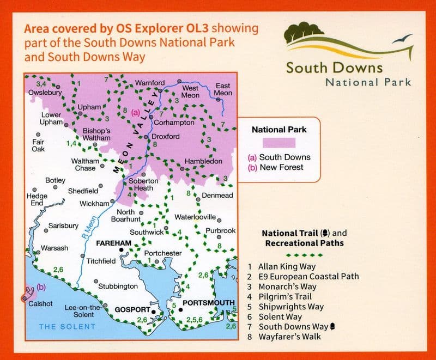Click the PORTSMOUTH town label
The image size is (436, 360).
pyautogui.click(x=209, y=303)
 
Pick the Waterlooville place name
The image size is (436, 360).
pyautogui.click(x=195, y=217)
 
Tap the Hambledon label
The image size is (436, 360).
pyautogui.click(x=204, y=162)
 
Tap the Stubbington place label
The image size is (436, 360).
pyautogui.click(x=118, y=286)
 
